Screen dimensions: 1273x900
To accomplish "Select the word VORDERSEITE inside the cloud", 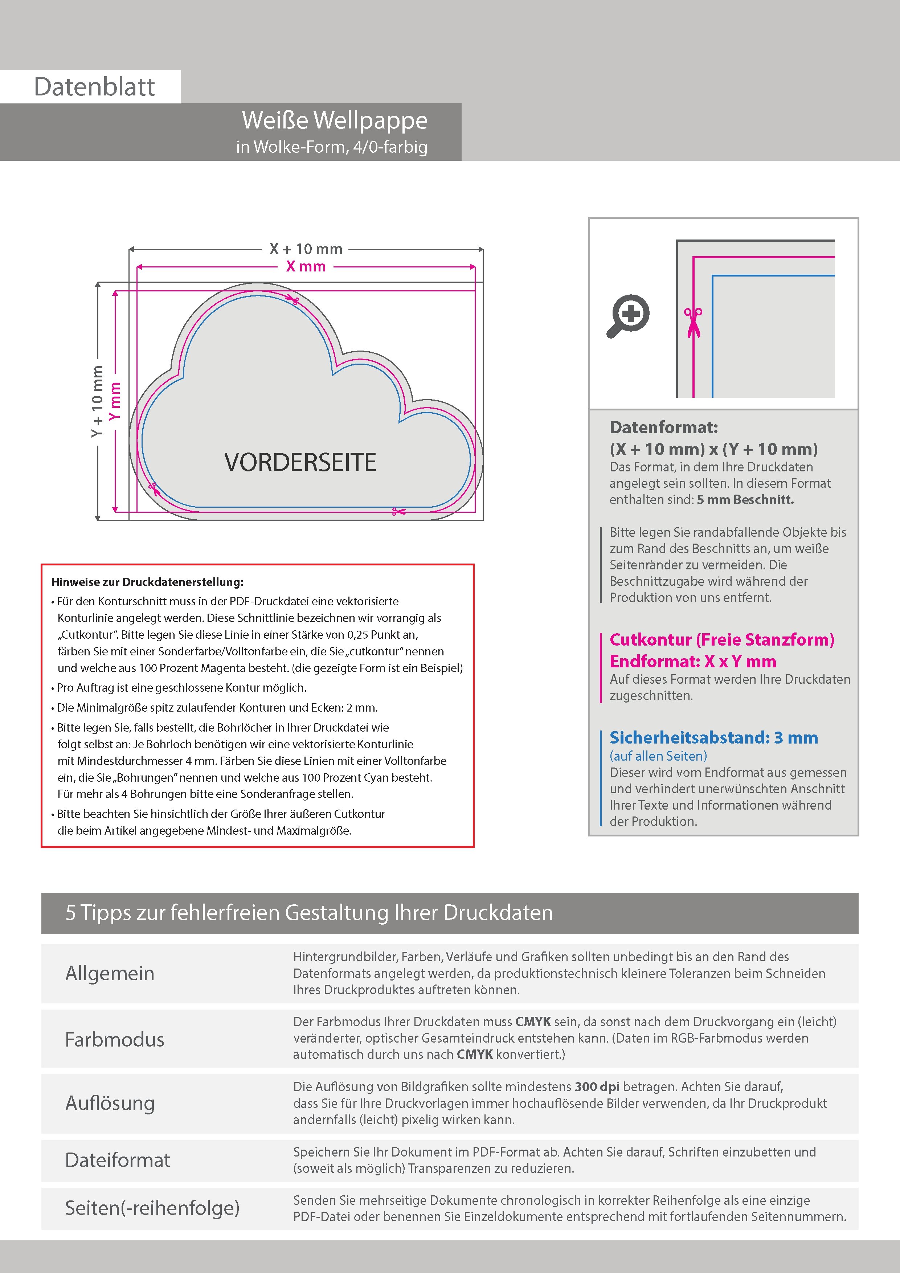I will tap(300, 462).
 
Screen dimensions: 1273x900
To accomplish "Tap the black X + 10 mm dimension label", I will tap(306, 249).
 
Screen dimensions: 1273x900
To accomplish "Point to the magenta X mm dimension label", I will tap(306, 267).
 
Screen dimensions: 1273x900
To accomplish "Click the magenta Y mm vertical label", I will tap(115, 401).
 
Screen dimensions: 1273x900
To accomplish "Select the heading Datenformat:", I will tap(663, 427).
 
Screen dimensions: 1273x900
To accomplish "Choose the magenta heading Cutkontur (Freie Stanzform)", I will tap(721, 640).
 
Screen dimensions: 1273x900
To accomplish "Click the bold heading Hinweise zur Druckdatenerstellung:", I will tap(147, 582).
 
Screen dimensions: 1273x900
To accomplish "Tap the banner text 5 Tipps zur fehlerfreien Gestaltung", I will tap(309, 913).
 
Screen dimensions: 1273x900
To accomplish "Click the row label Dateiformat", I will tap(118, 1160).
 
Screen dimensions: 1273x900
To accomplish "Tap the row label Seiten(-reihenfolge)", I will tap(152, 1208).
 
